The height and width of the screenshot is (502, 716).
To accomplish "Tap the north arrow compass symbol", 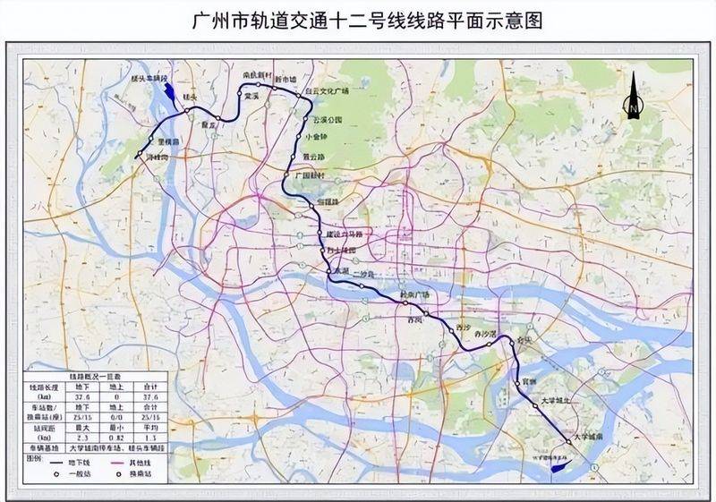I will pyautogui.click(x=633, y=97).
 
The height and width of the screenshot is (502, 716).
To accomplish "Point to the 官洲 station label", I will pyautogui.click(x=529, y=382).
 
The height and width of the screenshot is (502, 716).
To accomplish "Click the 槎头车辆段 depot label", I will pyautogui.click(x=150, y=78).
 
